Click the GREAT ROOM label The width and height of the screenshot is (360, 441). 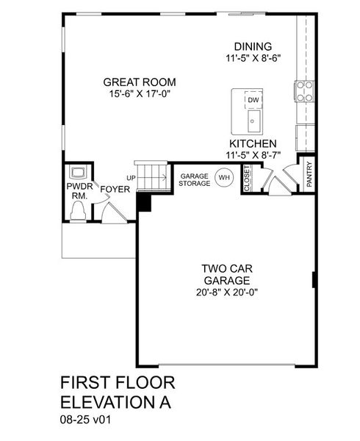140,82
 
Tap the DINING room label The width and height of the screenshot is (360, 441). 252,46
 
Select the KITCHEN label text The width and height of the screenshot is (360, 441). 253,143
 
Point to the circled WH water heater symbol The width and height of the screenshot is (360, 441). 223,178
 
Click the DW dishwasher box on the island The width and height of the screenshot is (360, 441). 253,100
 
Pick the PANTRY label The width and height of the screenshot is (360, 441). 309,176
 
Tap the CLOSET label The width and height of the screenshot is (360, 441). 247,179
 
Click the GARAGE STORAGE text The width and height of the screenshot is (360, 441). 194,179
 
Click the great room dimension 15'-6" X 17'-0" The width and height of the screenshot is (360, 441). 140,93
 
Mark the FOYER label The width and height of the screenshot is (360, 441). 115,190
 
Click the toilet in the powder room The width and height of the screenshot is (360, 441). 78,212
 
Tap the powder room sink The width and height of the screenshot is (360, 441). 77,173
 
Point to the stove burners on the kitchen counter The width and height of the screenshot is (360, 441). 304,90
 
